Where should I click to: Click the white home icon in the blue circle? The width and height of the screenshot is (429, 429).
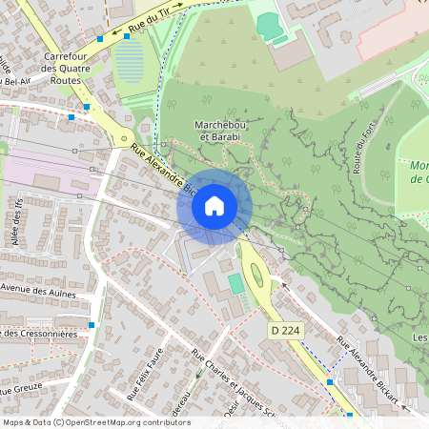pos(214,205)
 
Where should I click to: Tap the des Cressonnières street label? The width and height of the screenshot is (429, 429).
pos(38,333)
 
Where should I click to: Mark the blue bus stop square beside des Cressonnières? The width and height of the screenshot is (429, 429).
pos(92,325)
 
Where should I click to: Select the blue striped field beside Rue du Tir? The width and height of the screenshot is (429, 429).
pos(131,61)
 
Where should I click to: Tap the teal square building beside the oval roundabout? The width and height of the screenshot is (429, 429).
pos(235,283)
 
